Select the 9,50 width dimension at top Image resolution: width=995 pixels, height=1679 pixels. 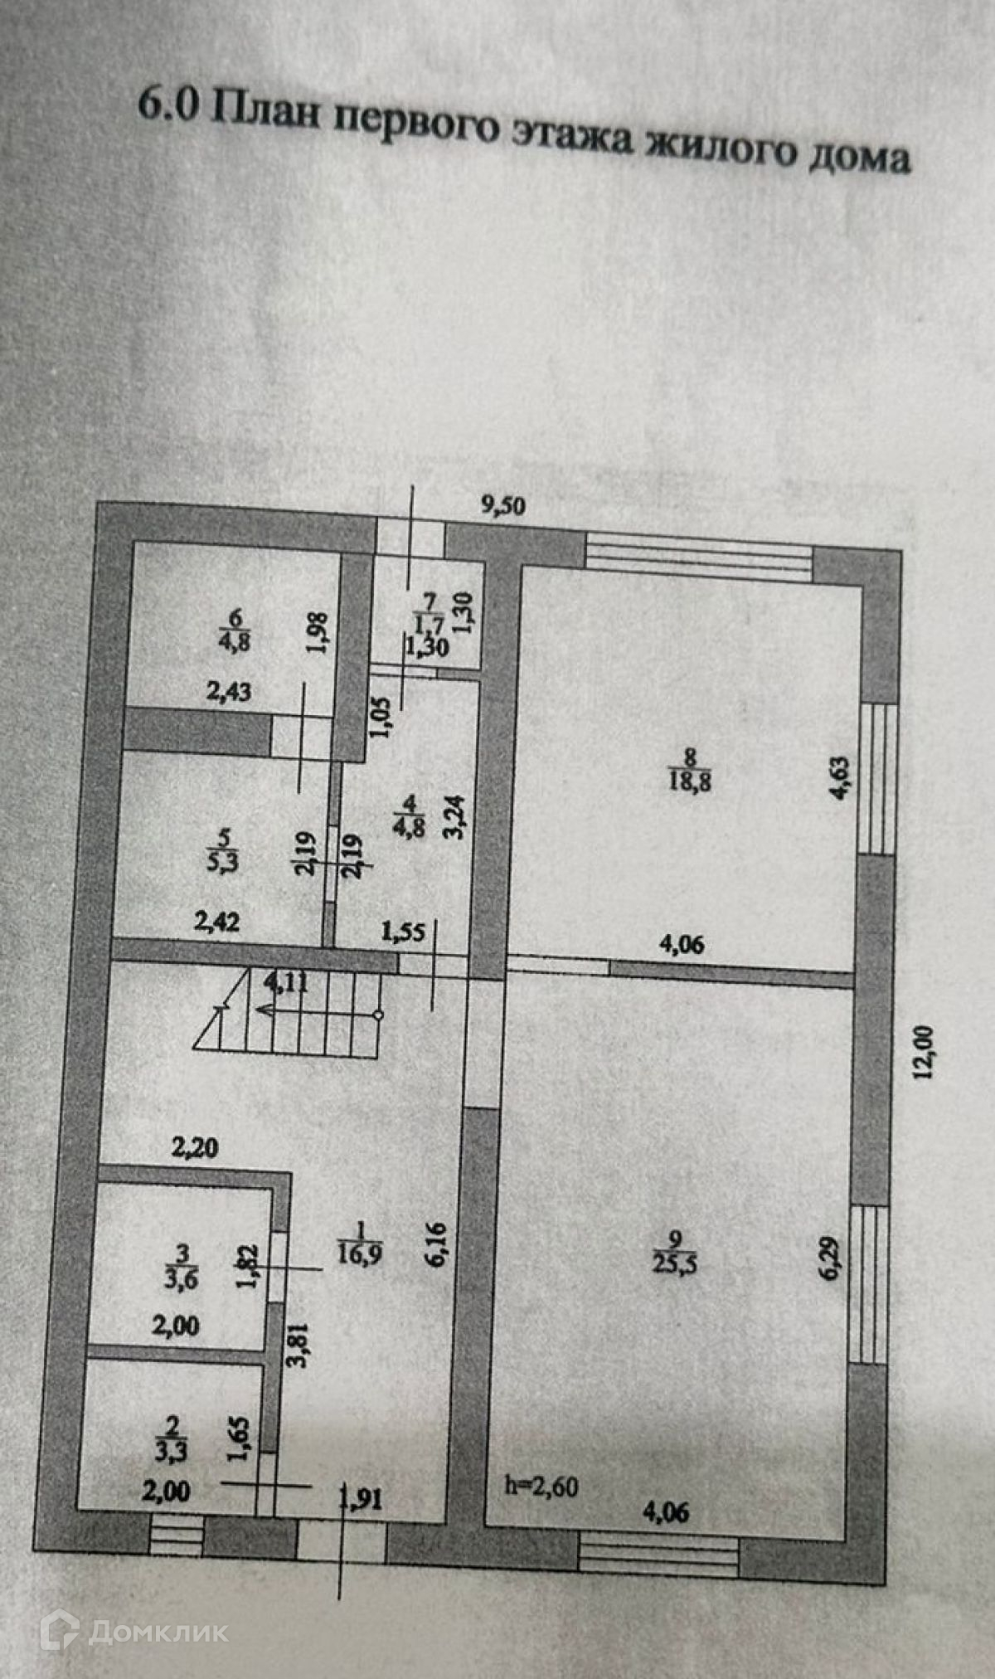(x=503, y=506)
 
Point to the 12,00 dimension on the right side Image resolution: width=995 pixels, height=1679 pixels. (x=924, y=1052)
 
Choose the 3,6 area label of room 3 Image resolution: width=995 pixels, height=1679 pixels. (x=182, y=1278)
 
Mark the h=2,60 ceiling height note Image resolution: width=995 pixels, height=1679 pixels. (x=541, y=1486)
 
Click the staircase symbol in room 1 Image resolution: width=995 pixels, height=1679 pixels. (x=290, y=1012)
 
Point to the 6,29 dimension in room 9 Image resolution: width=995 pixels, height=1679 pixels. (x=832, y=1258)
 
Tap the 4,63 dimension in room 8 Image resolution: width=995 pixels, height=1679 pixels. (x=840, y=776)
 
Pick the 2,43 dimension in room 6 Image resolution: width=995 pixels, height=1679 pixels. (x=229, y=691)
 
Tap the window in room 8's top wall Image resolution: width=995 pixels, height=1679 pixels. (x=699, y=556)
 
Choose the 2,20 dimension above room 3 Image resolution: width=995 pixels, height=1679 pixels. (x=195, y=1148)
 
